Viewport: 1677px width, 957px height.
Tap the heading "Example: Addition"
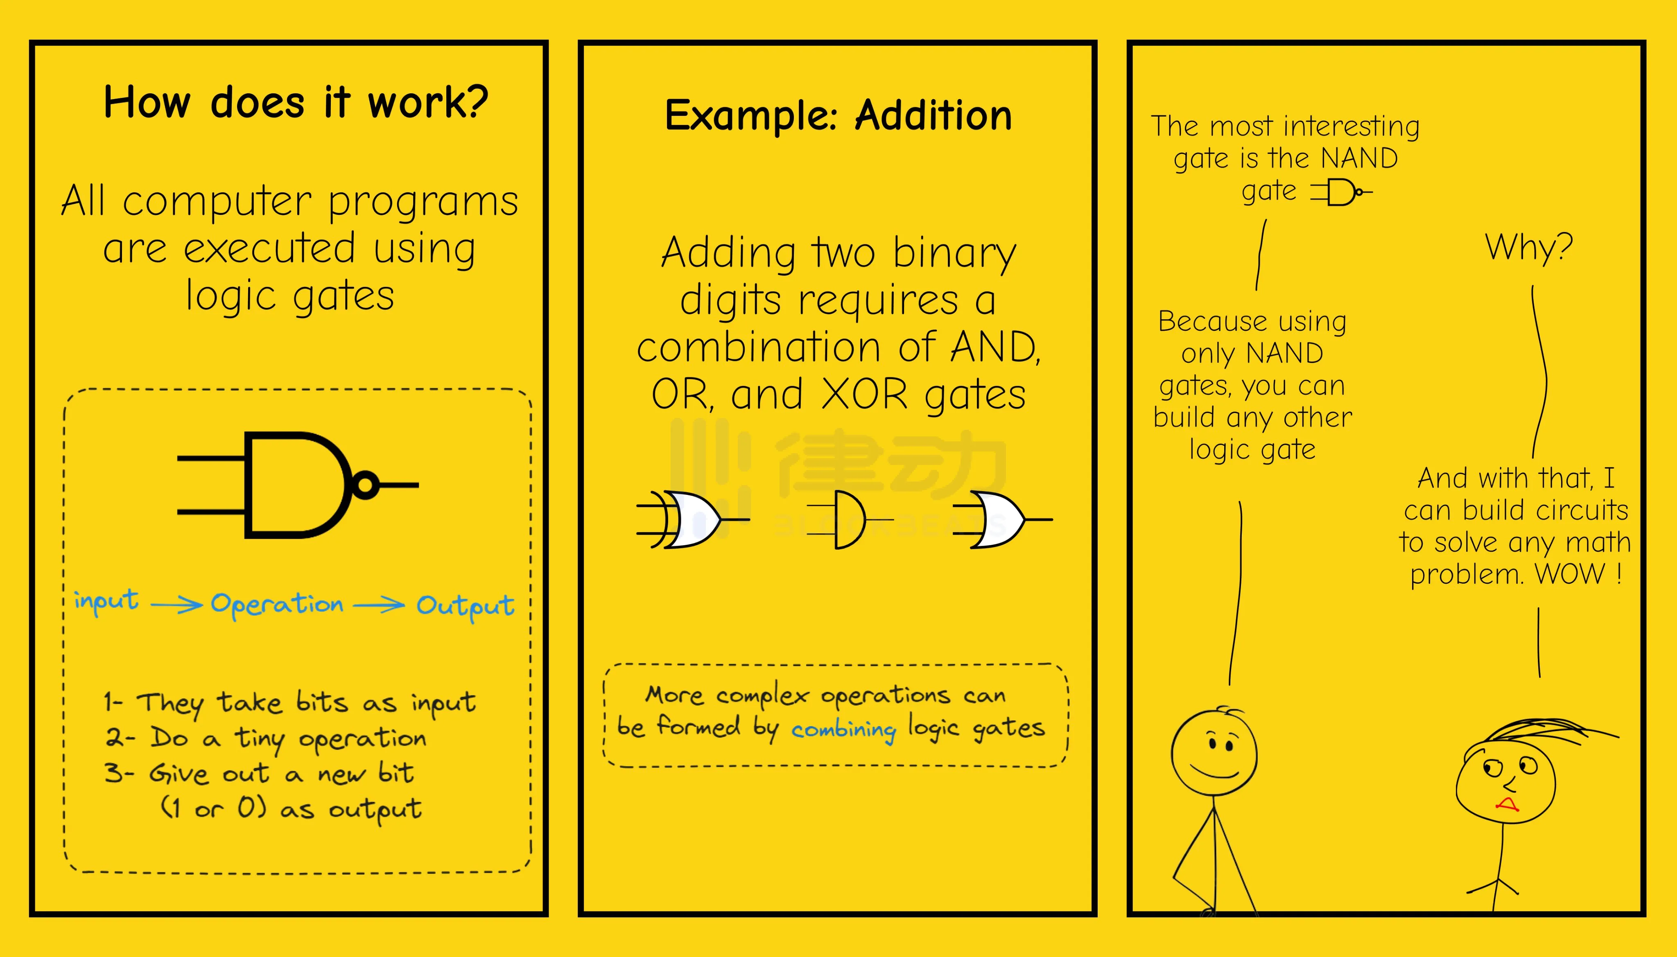[x=838, y=116]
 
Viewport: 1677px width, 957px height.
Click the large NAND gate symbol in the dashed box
[x=298, y=485]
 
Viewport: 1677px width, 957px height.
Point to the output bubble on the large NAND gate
[x=366, y=485]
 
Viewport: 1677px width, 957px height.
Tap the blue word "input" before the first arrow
[x=106, y=601]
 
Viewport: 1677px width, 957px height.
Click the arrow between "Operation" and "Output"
[x=379, y=604]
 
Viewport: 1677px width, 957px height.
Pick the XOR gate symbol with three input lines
[x=693, y=519]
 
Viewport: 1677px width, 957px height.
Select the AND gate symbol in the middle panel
[x=849, y=519]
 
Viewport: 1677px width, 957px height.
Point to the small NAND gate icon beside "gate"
[x=1341, y=192]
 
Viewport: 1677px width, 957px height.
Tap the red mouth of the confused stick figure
[x=1506, y=804]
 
